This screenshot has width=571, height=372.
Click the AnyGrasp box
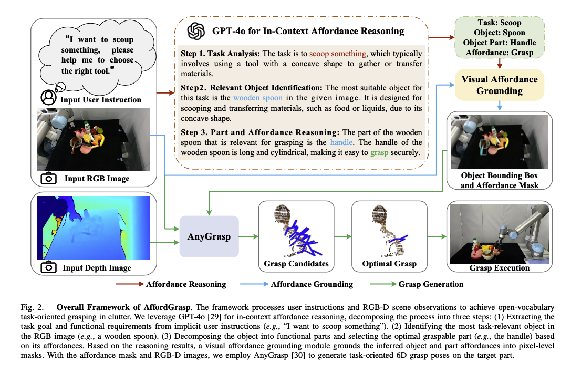pos(210,236)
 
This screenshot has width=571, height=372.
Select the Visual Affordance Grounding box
pos(500,85)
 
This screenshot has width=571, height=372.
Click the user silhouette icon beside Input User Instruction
pos(48,97)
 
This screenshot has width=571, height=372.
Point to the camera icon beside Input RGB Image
pos(49,178)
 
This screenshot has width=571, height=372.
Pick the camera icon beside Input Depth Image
pos(49,267)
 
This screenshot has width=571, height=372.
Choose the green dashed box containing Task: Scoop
pos(500,38)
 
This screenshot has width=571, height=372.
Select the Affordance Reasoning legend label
pos(186,284)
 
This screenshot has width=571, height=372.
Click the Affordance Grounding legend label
pos(312,284)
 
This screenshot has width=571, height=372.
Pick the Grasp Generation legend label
pos(431,284)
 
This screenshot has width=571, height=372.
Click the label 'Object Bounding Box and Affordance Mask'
pos(500,180)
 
